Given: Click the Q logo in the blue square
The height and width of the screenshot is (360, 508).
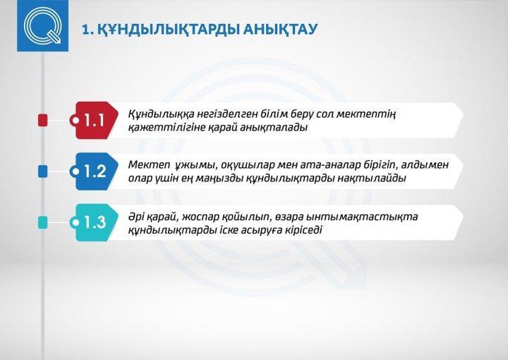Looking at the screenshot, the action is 43,25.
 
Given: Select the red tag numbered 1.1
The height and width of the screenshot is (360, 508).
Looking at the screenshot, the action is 94,120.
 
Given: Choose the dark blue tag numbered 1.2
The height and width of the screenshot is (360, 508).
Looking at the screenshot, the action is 94,172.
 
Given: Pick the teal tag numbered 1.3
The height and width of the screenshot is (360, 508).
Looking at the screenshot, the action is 94,222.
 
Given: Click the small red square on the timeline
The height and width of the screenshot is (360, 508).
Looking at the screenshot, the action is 43,120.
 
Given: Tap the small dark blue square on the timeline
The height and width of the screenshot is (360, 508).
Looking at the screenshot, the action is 43,172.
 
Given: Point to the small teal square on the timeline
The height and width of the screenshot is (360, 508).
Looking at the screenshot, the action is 43,222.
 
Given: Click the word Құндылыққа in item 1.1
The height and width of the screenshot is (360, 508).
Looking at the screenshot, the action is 161,114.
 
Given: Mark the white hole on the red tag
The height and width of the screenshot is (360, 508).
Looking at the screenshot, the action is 75,121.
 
